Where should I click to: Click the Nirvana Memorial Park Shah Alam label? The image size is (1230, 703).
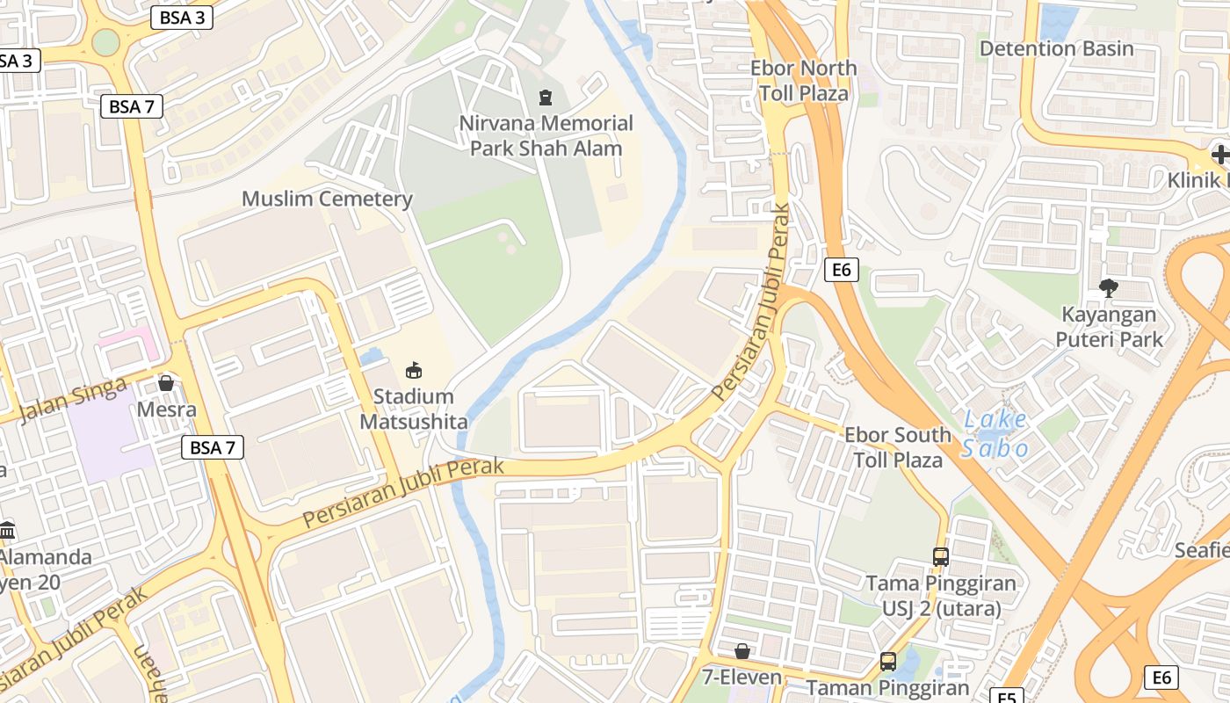click(x=546, y=135)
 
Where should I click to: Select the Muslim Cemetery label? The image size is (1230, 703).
click(x=327, y=199)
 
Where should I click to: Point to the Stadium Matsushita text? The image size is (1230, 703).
click(x=414, y=409)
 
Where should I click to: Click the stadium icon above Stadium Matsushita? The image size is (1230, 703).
click(x=414, y=370)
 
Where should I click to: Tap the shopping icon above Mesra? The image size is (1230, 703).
click(x=166, y=383)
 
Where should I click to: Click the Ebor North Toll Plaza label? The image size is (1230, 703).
click(x=804, y=81)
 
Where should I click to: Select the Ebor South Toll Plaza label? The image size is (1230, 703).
click(x=898, y=447)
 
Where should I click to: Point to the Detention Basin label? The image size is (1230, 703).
click(x=1056, y=48)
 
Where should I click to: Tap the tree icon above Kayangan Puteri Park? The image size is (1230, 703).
click(x=1109, y=287)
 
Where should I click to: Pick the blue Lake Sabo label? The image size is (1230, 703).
click(x=995, y=434)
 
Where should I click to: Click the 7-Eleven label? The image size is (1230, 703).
click(x=742, y=678)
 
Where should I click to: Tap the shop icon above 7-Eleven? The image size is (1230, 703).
click(x=742, y=651)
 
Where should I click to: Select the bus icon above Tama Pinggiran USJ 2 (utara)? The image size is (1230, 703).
click(x=940, y=556)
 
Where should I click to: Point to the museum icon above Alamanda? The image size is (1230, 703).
click(x=8, y=530)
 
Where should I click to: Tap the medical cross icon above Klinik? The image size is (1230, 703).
click(x=1220, y=155)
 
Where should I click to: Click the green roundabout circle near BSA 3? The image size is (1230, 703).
click(x=105, y=42)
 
